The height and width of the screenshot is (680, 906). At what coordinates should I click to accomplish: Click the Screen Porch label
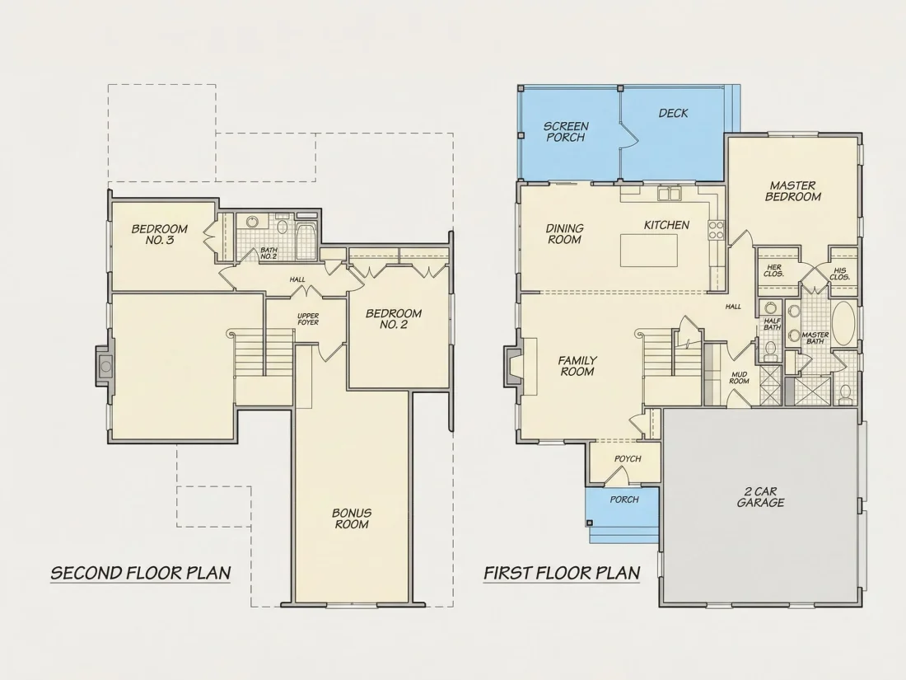point(566,132)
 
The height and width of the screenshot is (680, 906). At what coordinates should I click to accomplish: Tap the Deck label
point(673,114)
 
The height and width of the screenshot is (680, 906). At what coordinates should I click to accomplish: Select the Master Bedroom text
point(792,191)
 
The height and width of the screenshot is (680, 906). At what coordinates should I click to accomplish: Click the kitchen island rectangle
point(649,251)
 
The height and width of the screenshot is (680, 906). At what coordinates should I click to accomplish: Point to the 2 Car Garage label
point(760,497)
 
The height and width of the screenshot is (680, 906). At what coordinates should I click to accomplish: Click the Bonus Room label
point(352,518)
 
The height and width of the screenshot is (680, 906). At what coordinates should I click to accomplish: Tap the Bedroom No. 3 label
point(160,234)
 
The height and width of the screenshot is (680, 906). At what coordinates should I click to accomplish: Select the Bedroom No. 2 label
point(394,319)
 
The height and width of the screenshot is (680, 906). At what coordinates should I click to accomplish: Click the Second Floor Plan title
point(141,573)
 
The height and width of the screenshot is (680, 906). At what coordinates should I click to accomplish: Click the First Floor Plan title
point(562,573)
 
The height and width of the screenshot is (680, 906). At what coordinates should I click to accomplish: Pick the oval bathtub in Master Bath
point(844,324)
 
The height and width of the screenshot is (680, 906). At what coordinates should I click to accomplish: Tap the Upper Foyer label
point(308,319)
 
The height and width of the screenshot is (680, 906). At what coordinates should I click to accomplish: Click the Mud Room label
point(739,378)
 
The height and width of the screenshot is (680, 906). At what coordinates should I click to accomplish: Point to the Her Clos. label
point(773,270)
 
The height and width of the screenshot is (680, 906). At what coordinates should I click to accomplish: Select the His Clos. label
point(839,274)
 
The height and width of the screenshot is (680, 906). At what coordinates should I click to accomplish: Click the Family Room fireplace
point(512,366)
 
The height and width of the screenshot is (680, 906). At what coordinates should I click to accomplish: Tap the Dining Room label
point(564,234)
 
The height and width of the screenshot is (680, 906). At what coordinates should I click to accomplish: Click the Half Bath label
point(772,324)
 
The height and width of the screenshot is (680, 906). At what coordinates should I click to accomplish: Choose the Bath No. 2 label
point(269,253)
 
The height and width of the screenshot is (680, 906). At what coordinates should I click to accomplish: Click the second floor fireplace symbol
point(105,366)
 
